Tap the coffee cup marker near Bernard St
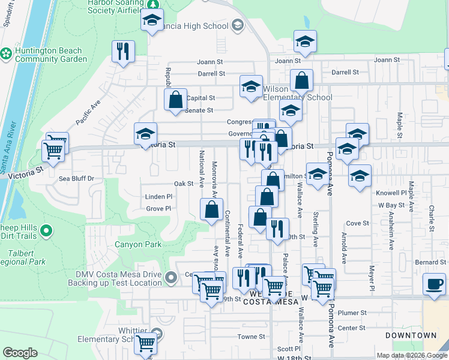434,284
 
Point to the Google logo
20,353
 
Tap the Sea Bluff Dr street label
76,178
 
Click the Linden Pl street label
158,196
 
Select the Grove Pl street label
158,209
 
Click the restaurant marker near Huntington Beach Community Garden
123,51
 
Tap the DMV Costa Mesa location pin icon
171,278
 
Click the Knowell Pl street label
391,193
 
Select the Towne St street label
251,337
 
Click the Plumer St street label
352,313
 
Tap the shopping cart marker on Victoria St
55,150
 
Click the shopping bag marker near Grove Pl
211,211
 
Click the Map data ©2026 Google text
412,355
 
